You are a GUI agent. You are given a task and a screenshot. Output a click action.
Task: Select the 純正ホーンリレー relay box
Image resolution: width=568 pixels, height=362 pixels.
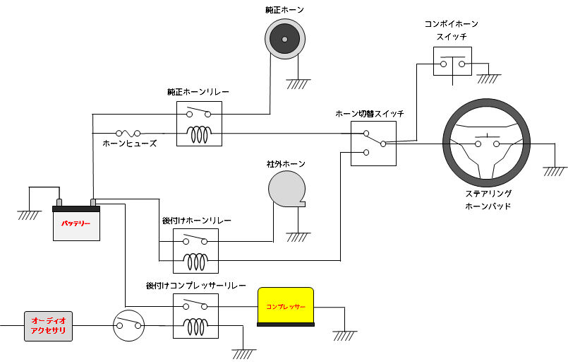(198, 123)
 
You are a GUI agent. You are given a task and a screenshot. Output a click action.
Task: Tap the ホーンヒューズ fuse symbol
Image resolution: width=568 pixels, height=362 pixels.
(128, 132)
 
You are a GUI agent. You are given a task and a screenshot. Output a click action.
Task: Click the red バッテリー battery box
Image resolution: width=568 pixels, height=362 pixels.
(76, 223)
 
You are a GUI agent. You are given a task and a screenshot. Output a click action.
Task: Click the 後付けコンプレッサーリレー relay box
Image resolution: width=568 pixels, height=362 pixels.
(195, 315)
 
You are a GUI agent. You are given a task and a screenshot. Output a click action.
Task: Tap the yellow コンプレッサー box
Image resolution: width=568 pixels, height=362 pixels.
(285, 308)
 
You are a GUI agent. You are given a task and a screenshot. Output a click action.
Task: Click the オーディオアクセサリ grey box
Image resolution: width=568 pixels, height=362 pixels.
(49, 326)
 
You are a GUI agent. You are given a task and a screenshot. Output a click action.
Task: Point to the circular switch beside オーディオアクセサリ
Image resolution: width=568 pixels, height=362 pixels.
(128, 326)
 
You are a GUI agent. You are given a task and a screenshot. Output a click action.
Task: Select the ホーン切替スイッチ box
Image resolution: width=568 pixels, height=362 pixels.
(373, 144)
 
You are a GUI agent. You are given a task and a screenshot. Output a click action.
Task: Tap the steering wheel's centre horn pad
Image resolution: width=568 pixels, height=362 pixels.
(488, 144)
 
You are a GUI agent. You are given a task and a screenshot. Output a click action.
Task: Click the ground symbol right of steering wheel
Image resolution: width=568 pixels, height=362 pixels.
(555, 170)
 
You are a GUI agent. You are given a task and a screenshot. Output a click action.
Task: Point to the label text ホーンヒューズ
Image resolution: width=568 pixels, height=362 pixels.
(130, 144)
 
